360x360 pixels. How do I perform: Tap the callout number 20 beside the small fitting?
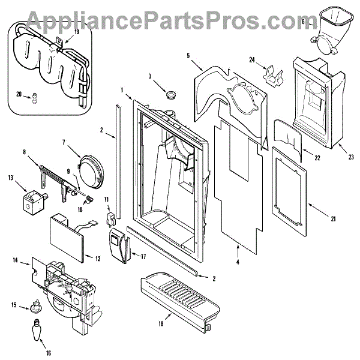point(19,94)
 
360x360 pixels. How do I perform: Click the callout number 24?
point(253,59)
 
